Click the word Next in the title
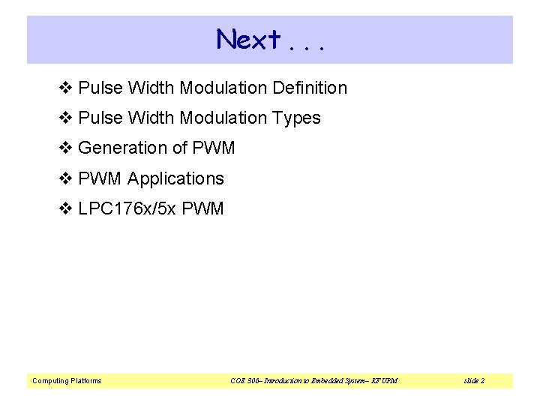pyautogui.click(x=248, y=39)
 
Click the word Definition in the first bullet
pyautogui.click(x=310, y=88)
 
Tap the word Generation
pyautogui.click(x=122, y=148)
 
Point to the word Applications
pyautogui.click(x=175, y=178)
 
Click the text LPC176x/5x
pyautogui.click(x=127, y=208)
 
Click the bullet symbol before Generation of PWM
pyautogui.click(x=64, y=148)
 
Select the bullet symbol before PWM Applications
pyautogui.click(x=64, y=178)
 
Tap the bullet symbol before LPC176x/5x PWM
pyautogui.click(x=64, y=208)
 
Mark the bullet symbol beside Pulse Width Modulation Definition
pyautogui.click(x=64, y=88)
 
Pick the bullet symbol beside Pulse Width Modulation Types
pyautogui.click(x=64, y=118)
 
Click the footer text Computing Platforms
pyautogui.click(x=67, y=381)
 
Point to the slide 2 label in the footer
pyautogui.click(x=474, y=381)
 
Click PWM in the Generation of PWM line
pyautogui.click(x=214, y=148)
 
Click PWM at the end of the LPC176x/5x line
pyautogui.click(x=202, y=208)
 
